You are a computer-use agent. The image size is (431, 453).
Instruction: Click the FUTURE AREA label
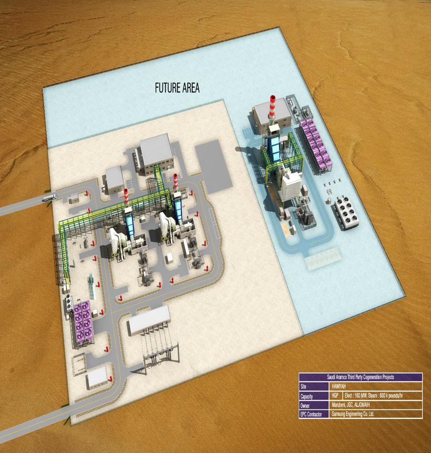[x=177, y=88]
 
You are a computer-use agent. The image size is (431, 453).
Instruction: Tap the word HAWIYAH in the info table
[x=338, y=386]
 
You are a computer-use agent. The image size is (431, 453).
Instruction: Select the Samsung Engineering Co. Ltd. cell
[x=353, y=414]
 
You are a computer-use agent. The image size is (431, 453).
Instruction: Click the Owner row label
[x=305, y=405]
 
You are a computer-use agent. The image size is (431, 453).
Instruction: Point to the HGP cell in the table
[x=335, y=395]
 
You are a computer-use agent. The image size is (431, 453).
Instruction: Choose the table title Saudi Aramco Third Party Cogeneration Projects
[x=361, y=377]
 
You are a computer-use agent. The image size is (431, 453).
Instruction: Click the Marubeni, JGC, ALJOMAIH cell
[x=351, y=405]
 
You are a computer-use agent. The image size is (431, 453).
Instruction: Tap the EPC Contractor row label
[x=311, y=414]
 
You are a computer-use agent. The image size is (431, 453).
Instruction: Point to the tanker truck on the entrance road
[x=49, y=198]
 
